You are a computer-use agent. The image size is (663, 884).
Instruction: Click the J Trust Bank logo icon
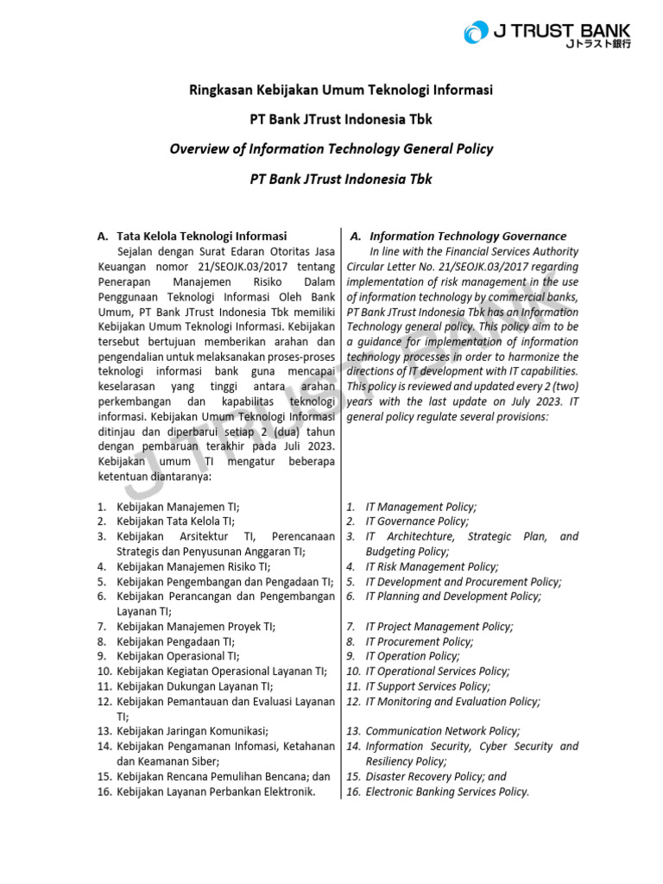click(475, 34)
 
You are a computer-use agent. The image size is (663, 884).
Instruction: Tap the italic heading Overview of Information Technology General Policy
click(331, 148)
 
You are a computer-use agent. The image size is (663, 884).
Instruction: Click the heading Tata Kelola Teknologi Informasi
click(201, 236)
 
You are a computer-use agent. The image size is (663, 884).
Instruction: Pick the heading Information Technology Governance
click(467, 236)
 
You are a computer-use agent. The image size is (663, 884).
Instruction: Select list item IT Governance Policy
click(417, 521)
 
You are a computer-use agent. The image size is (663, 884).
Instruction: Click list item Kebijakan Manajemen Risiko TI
click(193, 566)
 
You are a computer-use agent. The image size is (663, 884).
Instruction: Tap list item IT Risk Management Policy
click(432, 566)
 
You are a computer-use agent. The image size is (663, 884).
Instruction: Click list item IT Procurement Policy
click(419, 641)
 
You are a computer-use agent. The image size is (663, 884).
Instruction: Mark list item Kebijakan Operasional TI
click(178, 656)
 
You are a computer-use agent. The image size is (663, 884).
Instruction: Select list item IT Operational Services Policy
click(437, 671)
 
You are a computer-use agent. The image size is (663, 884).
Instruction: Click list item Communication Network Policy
click(443, 730)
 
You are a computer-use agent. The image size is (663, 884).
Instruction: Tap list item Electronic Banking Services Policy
click(447, 791)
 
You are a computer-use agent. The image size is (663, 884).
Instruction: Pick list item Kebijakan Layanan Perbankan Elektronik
click(216, 791)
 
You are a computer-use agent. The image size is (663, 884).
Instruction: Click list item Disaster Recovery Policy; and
click(436, 776)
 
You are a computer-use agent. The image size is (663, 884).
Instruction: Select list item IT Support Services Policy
click(427, 686)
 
